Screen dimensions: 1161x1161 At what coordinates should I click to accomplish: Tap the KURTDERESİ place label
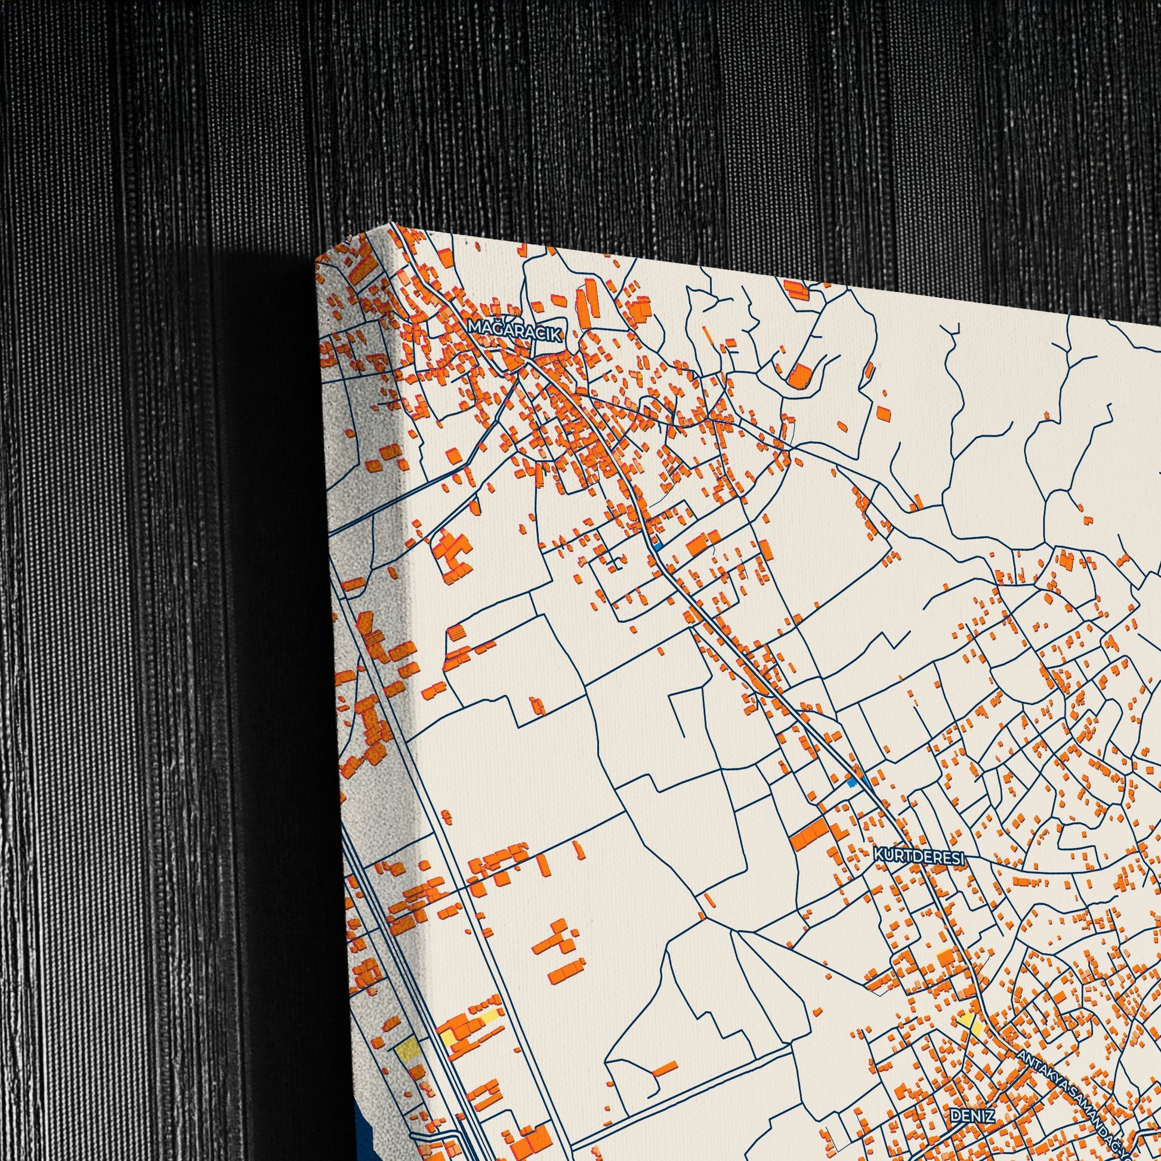click(919, 856)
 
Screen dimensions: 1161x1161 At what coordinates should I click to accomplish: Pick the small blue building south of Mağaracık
click(659, 546)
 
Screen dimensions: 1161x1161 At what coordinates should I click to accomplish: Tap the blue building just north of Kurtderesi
click(851, 782)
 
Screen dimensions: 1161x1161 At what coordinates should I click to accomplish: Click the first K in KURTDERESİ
click(879, 854)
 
